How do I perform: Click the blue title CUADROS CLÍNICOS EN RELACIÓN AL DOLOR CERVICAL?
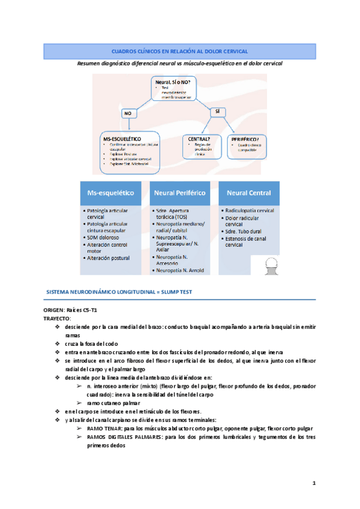pos(180,52)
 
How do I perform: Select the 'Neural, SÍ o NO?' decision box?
pos(175,88)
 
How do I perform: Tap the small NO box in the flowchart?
pos(128,113)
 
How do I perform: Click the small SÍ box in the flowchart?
pos(217,111)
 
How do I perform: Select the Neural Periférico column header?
pos(180,193)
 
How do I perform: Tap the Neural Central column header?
pos(248,193)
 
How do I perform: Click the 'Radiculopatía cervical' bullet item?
pos(250,211)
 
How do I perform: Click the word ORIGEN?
pos(55,310)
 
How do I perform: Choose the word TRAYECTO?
pos(57,318)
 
